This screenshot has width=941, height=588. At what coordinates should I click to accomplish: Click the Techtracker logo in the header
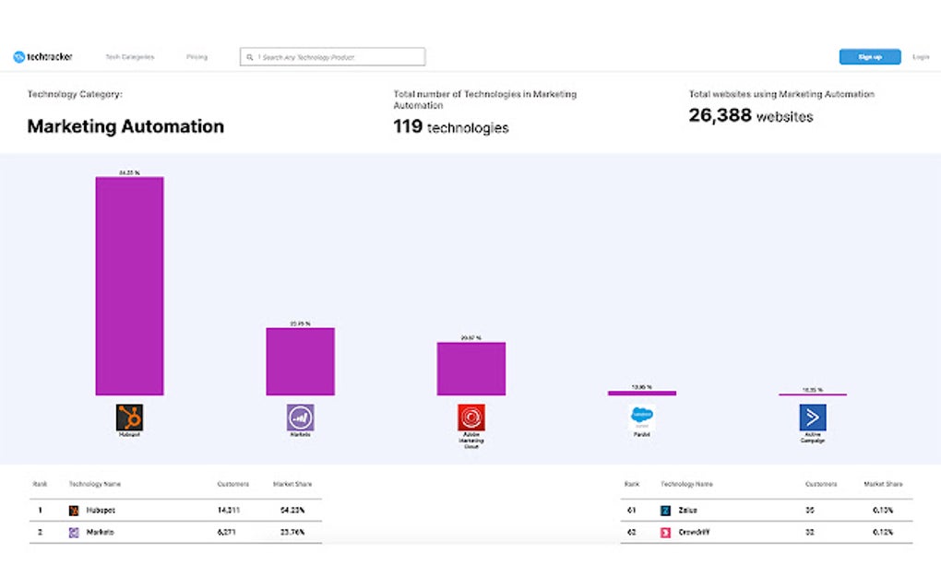pos(42,57)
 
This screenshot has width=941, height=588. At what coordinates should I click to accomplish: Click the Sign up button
pos(869,57)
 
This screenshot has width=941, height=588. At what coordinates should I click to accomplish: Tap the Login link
pos(920,57)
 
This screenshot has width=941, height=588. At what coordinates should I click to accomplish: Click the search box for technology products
pos(332,57)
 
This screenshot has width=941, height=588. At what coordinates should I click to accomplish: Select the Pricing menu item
pos(197,57)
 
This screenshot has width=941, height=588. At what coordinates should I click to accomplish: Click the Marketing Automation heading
pos(125,126)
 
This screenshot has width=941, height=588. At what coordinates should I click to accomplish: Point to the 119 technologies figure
pos(450,127)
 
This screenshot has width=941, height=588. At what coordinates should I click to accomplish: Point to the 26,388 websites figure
pos(751,116)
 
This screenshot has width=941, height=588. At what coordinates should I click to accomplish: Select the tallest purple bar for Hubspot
pos(129,286)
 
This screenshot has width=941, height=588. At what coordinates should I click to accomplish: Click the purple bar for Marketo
pos(300,361)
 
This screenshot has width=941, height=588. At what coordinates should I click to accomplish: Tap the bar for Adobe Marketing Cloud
pos(470,369)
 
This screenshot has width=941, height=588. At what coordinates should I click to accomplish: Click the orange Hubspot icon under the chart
pos(129,417)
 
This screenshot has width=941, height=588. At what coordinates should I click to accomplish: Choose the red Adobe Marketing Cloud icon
pos(470,417)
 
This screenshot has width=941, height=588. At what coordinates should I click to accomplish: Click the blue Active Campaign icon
pos(812,417)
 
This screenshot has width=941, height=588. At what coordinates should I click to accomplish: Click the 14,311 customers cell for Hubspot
pos(229,510)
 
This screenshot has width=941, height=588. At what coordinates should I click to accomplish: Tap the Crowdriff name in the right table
pos(695,532)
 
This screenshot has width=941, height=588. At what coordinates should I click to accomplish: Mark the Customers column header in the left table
pos(232,484)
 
